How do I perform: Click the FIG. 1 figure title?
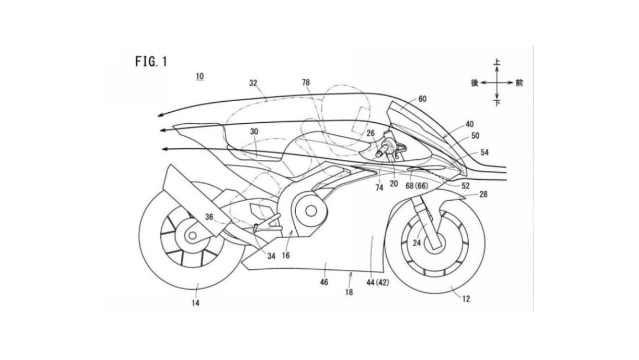click(x=151, y=61)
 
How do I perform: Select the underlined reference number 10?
click(x=199, y=76)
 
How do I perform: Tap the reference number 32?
click(x=253, y=83)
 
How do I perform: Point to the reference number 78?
click(x=306, y=82)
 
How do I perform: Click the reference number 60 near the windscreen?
click(x=422, y=99)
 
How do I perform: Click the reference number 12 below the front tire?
click(x=467, y=299)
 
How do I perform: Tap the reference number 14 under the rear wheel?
click(x=196, y=302)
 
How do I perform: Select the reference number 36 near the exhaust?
click(x=209, y=217)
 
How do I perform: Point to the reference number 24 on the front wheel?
click(x=417, y=242)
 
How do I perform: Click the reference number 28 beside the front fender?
click(x=483, y=195)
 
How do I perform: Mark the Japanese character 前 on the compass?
click(x=519, y=83)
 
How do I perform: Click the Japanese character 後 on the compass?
click(x=474, y=83)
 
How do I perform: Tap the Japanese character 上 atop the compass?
click(x=497, y=63)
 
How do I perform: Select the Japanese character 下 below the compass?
click(x=497, y=103)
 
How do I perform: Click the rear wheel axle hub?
click(x=191, y=236)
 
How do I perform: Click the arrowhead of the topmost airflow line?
click(x=159, y=115)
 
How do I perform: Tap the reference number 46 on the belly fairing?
click(x=324, y=282)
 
